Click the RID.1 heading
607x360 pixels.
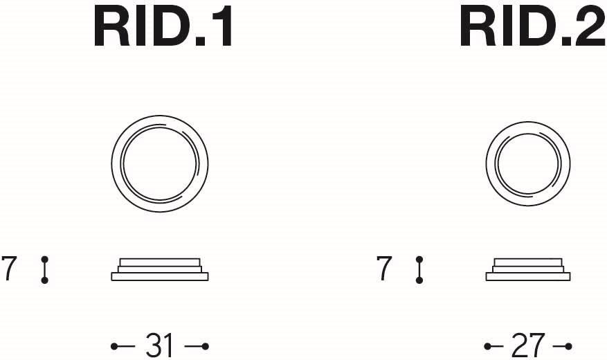tap(163, 28)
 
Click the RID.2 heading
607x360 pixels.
tap(533, 28)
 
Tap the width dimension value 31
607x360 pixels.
tap(159, 345)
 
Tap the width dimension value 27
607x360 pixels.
tap(528, 345)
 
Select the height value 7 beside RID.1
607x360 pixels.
tap(9, 268)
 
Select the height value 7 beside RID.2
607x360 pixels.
tap(384, 268)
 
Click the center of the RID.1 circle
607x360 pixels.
tap(159, 164)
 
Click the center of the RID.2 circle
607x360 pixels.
tap(528, 164)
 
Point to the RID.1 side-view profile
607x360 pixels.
tap(159, 269)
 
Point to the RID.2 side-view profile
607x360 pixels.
tap(528, 269)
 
